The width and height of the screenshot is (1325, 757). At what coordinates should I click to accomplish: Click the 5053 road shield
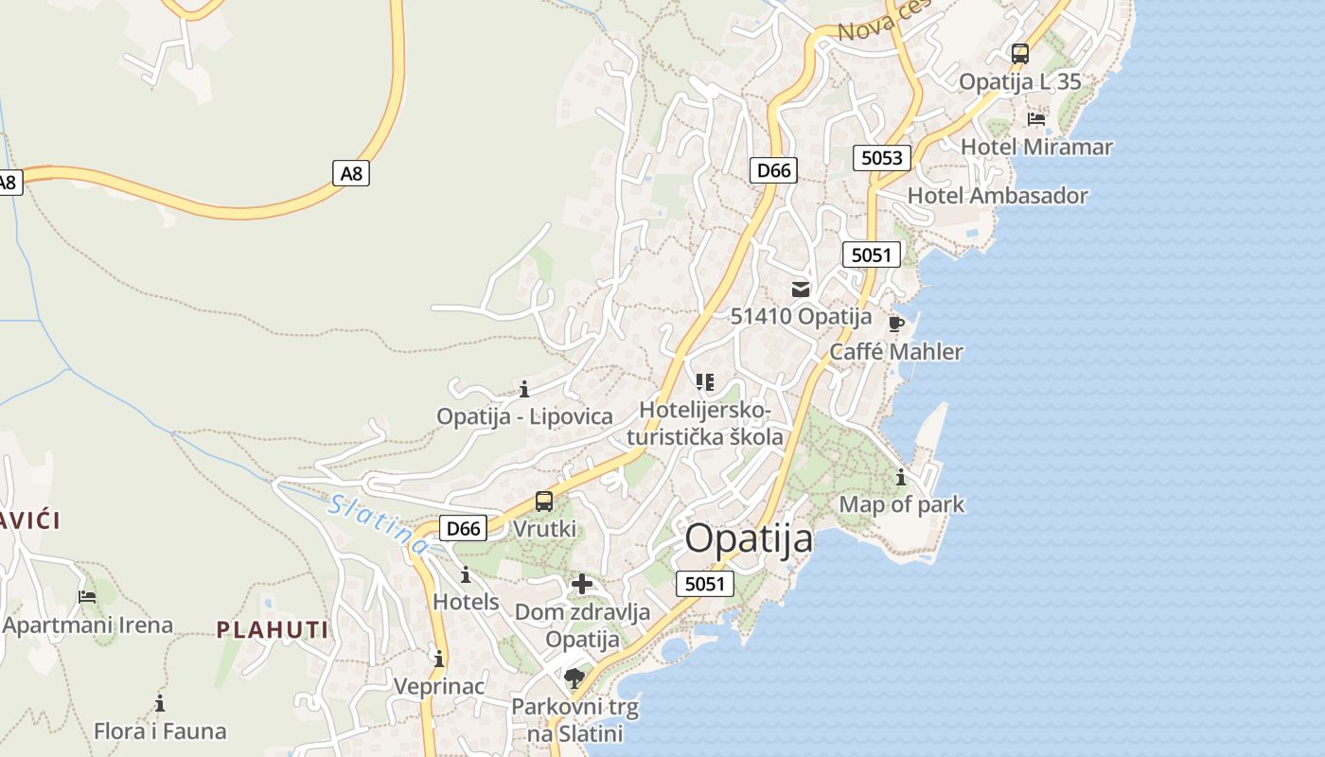[x=881, y=157]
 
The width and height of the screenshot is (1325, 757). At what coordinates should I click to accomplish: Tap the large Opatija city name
[x=749, y=538]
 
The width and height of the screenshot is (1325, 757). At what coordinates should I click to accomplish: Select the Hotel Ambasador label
[x=998, y=196]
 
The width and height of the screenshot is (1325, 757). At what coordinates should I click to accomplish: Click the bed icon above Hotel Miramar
[x=1036, y=119]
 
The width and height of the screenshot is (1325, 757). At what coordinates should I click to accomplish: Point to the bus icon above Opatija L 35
[x=1019, y=54]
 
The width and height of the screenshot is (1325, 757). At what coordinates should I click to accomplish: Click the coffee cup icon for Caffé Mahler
[x=895, y=325]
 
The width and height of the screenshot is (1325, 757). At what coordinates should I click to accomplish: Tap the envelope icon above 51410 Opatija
[x=801, y=290]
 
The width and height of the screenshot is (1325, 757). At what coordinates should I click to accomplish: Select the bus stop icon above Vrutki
[x=544, y=502]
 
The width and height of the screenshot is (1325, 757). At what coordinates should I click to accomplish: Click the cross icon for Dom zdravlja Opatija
[x=582, y=584]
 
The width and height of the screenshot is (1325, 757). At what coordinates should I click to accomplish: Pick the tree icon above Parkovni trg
[x=574, y=678]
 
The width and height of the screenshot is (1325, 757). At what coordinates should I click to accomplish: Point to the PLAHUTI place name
[x=273, y=629]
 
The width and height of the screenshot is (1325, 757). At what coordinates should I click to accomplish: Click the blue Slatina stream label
[x=379, y=524]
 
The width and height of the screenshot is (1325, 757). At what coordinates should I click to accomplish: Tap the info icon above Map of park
[x=901, y=477]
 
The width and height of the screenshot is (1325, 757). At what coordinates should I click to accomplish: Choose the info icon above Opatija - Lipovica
[x=524, y=389]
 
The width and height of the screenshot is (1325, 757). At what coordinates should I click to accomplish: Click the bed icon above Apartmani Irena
[x=87, y=596]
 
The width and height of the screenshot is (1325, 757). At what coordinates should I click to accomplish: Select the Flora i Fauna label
[x=160, y=731]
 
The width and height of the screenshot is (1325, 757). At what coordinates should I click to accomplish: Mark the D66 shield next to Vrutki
[x=463, y=528]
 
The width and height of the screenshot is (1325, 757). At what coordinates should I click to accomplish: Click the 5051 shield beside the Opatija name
[x=705, y=584]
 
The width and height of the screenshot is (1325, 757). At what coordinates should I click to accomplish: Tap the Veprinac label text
[x=439, y=686]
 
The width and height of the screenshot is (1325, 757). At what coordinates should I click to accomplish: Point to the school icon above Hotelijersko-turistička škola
[x=704, y=382]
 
